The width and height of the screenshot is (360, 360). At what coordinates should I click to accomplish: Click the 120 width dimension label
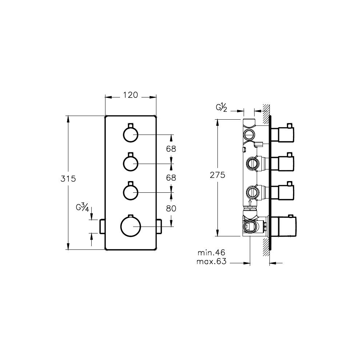coord(131,95)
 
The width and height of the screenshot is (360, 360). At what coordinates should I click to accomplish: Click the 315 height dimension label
coord(68,179)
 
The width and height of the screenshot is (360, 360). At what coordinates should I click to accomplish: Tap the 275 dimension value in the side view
coord(217,175)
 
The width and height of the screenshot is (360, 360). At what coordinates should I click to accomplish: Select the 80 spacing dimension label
coord(171,208)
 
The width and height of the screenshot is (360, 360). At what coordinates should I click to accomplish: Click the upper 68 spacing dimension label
coord(171,149)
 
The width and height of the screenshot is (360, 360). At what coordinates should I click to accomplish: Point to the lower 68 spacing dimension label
coord(171,177)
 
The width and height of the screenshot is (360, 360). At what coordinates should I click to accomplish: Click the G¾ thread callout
coord(83,207)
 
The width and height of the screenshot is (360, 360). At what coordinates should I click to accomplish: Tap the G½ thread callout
coord(221,108)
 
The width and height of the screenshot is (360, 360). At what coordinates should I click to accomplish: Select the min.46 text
coord(211,253)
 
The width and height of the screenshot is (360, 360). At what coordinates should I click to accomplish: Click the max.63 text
coord(211,261)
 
